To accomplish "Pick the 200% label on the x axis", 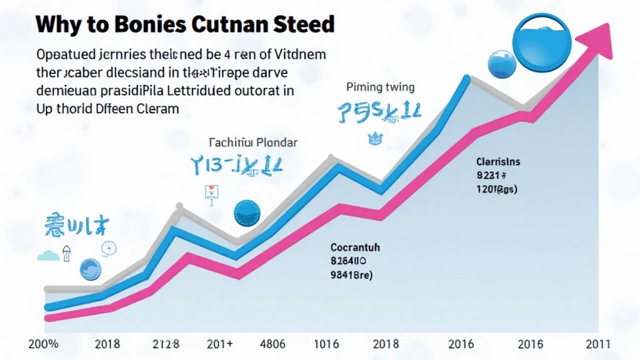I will pos(43,344).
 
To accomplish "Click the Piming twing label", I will pos(380,87).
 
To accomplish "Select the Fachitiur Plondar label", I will pos(252,142).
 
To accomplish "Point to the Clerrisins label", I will pos(498,162).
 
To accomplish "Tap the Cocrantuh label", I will pos(355,248).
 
